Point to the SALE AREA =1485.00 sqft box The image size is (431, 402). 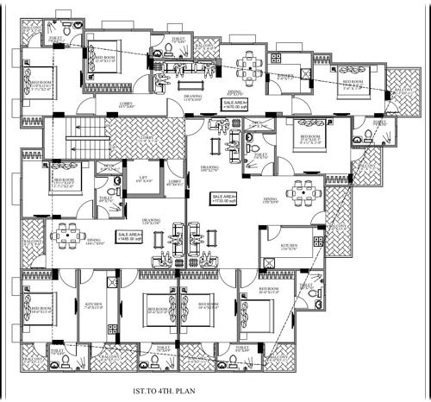point(131,236)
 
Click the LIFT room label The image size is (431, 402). point(142,183)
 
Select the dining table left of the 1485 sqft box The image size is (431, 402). point(68,235)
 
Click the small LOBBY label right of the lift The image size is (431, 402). point(175,182)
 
